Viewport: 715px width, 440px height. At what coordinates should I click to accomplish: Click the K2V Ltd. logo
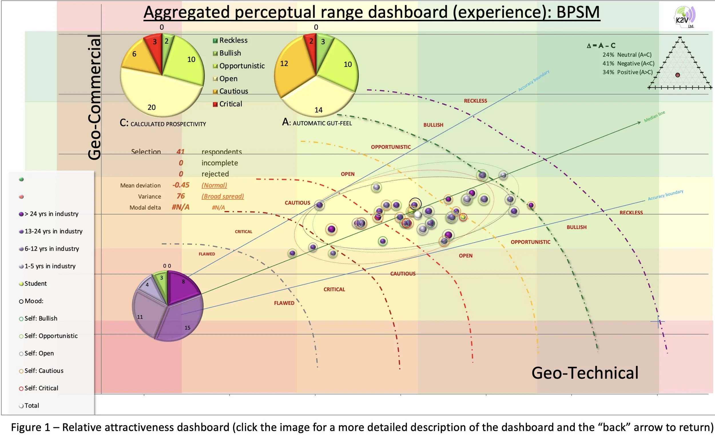coord(684,17)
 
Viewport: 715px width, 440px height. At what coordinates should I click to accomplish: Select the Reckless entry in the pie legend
coord(230,40)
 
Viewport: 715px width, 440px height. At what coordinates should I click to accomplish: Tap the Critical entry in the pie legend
coord(227,104)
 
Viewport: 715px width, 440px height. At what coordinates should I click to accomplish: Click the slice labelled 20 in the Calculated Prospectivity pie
coord(154,96)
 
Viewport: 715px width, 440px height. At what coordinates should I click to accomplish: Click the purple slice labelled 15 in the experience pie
coord(180,320)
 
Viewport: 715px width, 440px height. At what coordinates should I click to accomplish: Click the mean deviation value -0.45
coord(181,185)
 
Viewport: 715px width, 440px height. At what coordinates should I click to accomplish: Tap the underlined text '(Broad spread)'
coord(223,196)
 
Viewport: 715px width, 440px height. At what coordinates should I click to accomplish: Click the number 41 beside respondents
coord(180,152)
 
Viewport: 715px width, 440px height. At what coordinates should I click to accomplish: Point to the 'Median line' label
coord(654,116)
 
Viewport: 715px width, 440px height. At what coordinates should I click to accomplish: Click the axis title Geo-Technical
coord(585,373)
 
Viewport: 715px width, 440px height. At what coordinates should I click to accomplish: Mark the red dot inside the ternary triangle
coord(678,75)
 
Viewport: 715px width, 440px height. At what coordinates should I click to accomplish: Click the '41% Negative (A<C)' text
coord(628,63)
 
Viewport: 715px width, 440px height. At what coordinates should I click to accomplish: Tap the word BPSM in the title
coord(578,12)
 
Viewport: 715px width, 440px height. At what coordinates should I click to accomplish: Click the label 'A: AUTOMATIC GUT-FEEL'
coord(317,123)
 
